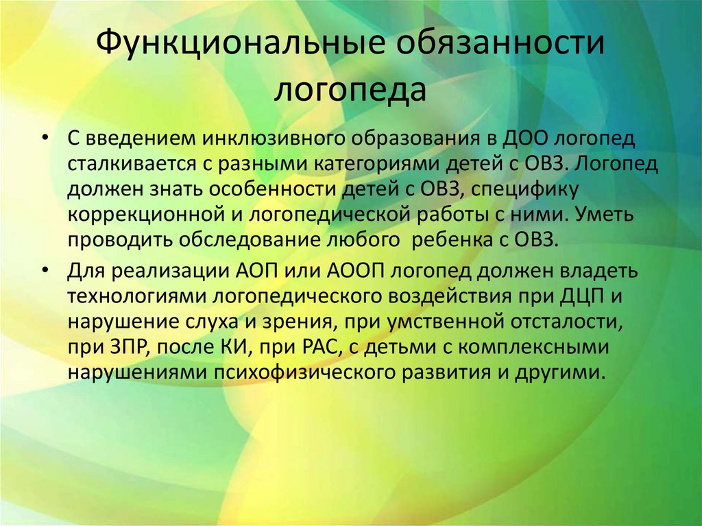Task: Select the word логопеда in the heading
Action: [350, 90]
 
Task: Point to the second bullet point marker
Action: [45, 269]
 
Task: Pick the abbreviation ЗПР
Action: [128, 346]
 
